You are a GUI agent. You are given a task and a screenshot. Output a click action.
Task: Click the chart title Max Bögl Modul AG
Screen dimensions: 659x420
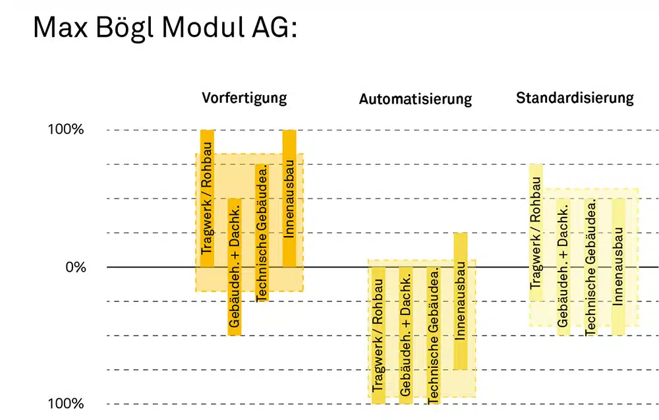[x=165, y=28]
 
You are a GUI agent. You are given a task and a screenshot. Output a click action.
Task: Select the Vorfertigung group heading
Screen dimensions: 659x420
[x=244, y=98]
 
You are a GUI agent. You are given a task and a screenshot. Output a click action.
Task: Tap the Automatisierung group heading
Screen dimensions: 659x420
[x=415, y=99]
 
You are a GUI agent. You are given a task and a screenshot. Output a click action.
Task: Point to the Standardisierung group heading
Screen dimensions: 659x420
[x=575, y=98]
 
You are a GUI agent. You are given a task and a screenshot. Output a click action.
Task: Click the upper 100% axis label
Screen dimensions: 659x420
[x=65, y=129]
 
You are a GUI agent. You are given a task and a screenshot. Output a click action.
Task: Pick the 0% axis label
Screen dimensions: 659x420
[x=76, y=267]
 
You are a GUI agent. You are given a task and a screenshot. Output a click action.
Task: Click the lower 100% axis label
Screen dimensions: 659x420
[x=65, y=404]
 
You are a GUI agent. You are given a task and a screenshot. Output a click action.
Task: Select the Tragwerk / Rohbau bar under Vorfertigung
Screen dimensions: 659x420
[x=207, y=198]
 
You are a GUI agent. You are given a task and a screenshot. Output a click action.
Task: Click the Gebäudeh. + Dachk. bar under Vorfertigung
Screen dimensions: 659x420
[x=235, y=267]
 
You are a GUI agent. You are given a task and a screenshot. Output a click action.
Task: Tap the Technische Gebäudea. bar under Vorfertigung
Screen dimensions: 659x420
[x=262, y=233]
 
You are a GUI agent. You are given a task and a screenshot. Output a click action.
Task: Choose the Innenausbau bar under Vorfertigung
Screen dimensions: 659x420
[x=289, y=198]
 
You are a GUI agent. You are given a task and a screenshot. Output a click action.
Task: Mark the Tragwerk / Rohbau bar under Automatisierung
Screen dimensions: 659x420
[x=378, y=336]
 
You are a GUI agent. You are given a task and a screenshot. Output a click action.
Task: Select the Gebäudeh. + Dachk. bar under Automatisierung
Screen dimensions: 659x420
[x=405, y=336]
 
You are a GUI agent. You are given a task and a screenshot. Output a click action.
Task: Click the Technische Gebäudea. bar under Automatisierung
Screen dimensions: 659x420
[x=433, y=336]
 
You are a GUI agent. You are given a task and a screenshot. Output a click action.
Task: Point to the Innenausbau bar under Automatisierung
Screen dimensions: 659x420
[x=461, y=301]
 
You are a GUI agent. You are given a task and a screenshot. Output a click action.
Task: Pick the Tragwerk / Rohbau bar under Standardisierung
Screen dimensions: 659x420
[x=536, y=233]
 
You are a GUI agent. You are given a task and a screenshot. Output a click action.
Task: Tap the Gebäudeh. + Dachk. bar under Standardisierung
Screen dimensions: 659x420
[x=563, y=267]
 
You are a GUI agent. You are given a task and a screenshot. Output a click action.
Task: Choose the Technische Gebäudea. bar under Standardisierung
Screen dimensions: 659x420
[x=590, y=267]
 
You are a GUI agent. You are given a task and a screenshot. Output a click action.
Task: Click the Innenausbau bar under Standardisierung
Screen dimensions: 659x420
[x=618, y=267]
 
